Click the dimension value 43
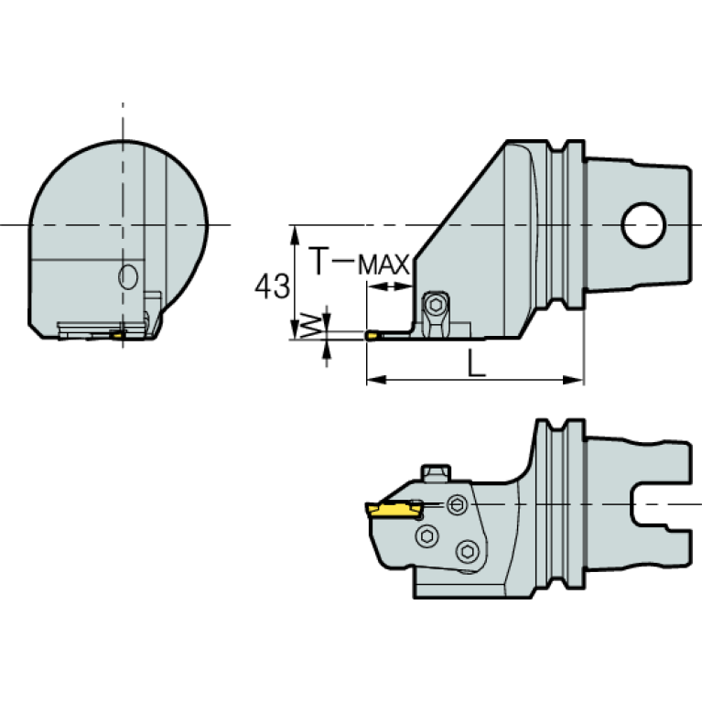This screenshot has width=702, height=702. [x=271, y=286]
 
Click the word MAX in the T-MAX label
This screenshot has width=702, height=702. [x=383, y=265]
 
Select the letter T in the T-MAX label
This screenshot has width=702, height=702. [x=317, y=263]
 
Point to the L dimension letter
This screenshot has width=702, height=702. [x=474, y=364]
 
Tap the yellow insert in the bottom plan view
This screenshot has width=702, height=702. [x=390, y=507]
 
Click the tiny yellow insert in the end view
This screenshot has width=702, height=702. [x=118, y=334]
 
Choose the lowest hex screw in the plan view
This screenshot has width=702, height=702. [x=469, y=550]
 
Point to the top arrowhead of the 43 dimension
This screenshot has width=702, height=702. [x=295, y=232]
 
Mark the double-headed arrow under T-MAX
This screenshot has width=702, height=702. [x=389, y=287]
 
